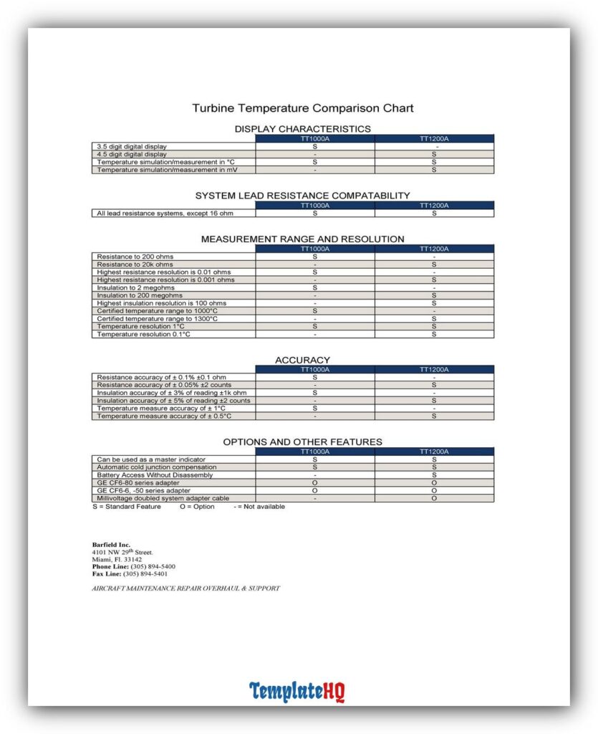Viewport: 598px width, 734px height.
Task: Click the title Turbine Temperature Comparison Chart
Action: [x=302, y=108]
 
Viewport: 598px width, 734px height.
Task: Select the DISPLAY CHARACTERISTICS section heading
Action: [x=302, y=129]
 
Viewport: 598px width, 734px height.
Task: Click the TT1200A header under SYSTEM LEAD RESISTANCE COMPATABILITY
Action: [x=434, y=206]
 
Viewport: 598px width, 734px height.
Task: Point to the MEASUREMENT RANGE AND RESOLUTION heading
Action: [x=302, y=239]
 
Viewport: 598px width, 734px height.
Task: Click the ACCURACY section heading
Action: [x=302, y=360]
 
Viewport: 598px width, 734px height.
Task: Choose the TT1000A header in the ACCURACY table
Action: [x=315, y=370]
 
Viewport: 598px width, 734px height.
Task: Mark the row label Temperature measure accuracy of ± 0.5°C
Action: [x=165, y=416]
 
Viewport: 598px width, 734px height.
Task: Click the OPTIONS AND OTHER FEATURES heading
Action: [x=302, y=442]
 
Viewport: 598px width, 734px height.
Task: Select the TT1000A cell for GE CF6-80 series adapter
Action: [x=315, y=482]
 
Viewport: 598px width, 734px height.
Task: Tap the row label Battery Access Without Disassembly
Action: [x=155, y=475]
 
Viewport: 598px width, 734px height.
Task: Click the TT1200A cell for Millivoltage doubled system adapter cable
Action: [x=434, y=498]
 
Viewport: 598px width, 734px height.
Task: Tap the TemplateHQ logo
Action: [x=297, y=692]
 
